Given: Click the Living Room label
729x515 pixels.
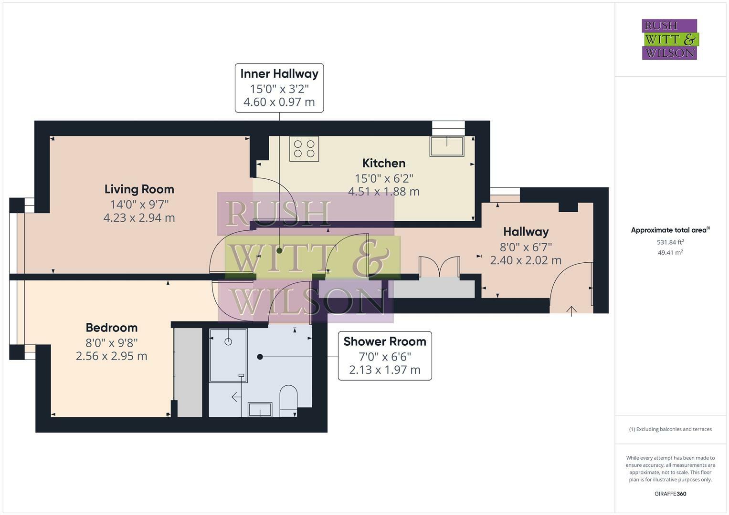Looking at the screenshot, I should pos(139,189).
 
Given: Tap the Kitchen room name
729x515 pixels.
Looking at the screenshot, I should pos(384,163).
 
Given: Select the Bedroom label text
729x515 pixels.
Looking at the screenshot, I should pos(111,328).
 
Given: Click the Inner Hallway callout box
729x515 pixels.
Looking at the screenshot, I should pos(279,88).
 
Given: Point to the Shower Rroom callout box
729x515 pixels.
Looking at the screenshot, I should pos(385,356).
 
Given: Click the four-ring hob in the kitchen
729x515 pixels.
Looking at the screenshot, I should pos(304,148).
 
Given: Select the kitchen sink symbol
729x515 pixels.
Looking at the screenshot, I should pos(447,146).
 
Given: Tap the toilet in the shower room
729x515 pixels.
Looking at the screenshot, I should pos(288,398).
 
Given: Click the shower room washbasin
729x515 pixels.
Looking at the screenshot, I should pos(260,409).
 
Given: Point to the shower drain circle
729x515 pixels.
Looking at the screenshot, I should pos(228,341).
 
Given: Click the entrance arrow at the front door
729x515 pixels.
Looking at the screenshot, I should pos(571,311).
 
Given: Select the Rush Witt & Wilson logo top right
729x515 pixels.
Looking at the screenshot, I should pos(669,39).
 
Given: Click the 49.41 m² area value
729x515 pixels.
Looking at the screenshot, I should pos(670,253).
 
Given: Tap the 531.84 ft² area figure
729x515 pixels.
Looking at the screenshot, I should pos(670,242).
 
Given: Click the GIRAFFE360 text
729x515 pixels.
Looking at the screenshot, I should pos(670,494).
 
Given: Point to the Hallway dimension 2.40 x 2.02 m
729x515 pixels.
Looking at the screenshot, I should pos(526,260).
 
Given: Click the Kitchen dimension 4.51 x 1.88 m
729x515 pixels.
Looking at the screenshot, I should pos(384,192).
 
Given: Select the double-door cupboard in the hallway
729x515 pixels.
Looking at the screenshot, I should pos(439,267).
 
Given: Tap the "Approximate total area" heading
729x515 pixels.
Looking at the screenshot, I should pos(670,230).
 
